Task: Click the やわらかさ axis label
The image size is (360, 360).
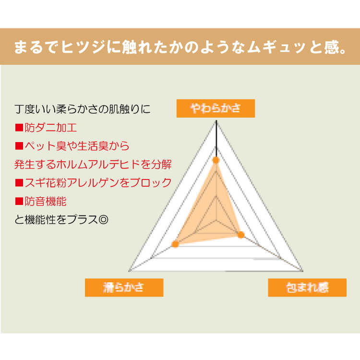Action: click(x=216, y=108)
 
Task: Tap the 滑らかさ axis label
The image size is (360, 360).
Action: click(x=124, y=288)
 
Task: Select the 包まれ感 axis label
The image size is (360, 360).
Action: click(x=307, y=288)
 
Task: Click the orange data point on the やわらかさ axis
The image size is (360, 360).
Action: click(x=216, y=160)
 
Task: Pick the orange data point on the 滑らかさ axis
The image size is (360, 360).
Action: click(x=175, y=244)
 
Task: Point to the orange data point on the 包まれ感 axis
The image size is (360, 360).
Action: click(x=241, y=235)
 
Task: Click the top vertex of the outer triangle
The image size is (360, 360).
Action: click(x=216, y=121)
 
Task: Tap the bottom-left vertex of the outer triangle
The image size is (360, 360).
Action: click(x=130, y=271)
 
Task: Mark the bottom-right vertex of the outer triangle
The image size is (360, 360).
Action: click(x=303, y=271)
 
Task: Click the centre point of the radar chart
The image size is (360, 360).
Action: click(x=216, y=221)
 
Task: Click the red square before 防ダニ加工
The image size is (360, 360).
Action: click(x=19, y=128)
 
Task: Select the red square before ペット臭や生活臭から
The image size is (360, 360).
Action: click(x=19, y=146)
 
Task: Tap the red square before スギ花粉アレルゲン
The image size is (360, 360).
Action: click(x=19, y=183)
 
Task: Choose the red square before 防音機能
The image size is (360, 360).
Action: click(x=19, y=201)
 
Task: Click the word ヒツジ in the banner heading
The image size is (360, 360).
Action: click(x=84, y=47)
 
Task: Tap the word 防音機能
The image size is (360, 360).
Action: click(x=46, y=201)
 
